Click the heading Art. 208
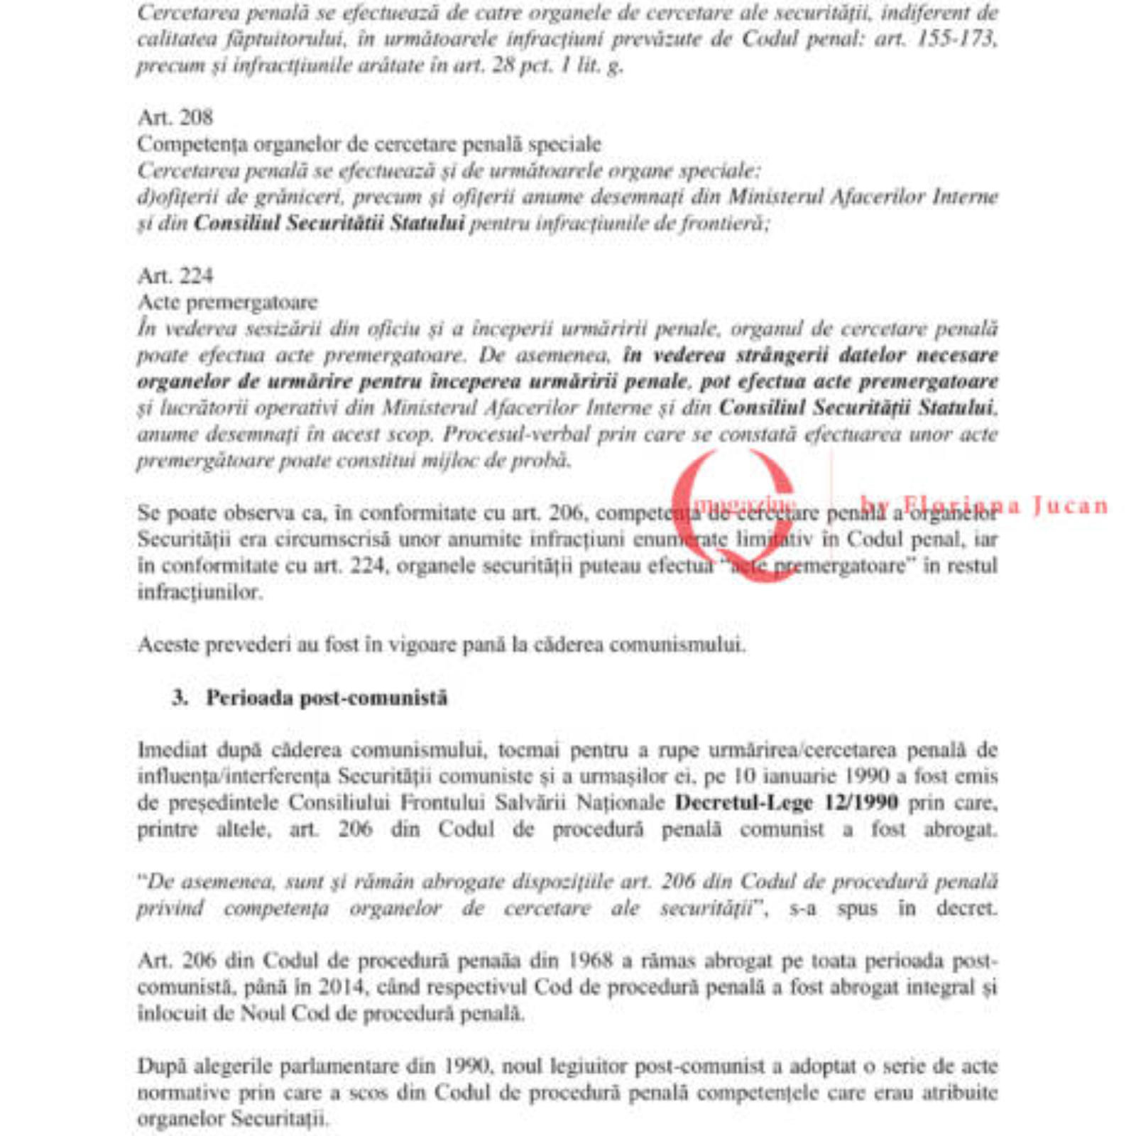[175, 117]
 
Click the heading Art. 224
[175, 275]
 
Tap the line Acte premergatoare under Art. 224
[227, 302]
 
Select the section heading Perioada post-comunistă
[327, 698]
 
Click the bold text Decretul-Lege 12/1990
[786, 803]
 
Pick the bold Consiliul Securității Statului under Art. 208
[329, 223]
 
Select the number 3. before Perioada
[180, 698]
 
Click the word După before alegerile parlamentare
[162, 1066]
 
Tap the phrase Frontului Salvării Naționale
[532, 803]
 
